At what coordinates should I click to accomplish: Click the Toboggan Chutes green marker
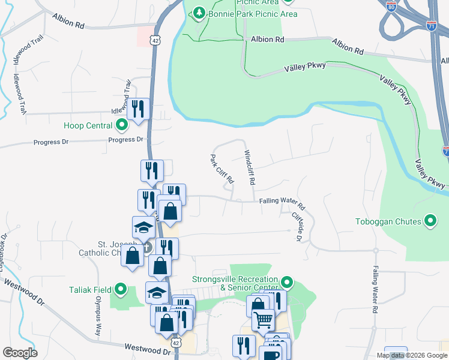430,221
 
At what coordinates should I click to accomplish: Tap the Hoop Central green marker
122,125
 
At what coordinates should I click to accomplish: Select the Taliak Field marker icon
121,290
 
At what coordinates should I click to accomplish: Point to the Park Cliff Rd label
220,170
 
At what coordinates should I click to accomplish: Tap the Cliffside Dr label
295,225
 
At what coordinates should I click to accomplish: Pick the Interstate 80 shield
391,7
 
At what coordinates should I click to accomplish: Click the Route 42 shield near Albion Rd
155,40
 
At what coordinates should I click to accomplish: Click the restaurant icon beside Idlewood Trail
139,109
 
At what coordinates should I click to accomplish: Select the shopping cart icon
263,321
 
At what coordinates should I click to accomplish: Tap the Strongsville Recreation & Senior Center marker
287,281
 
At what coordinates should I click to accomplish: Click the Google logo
20,353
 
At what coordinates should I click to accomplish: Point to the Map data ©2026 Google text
411,355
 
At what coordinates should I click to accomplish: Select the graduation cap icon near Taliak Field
156,292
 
